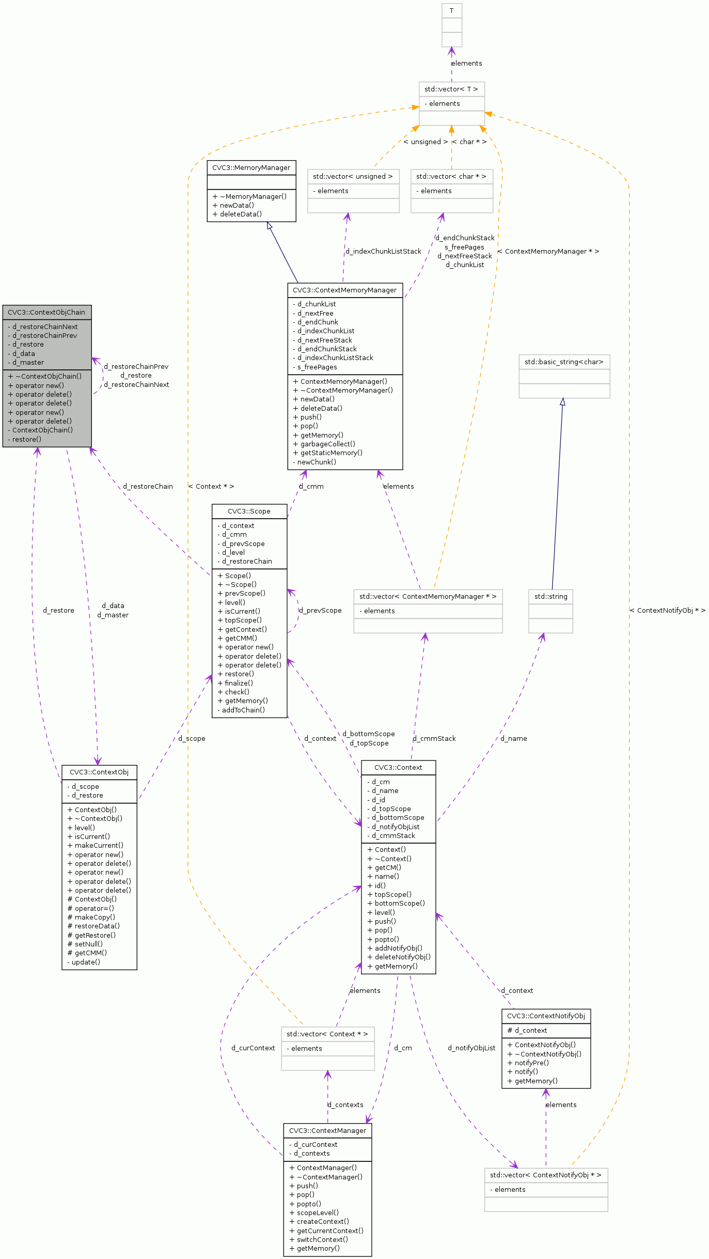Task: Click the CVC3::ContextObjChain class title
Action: point(46,312)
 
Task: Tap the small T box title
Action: point(451,10)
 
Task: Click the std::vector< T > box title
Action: point(451,89)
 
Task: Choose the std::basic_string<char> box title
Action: point(564,362)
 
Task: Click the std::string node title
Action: point(550,596)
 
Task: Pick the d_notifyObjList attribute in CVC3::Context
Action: point(396,827)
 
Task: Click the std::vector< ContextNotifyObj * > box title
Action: point(546,1175)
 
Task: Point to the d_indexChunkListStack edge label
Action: point(383,251)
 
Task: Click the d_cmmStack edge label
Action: point(434,738)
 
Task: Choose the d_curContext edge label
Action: point(253,1048)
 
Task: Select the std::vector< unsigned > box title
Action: point(353,176)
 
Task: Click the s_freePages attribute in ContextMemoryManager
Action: point(317,367)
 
